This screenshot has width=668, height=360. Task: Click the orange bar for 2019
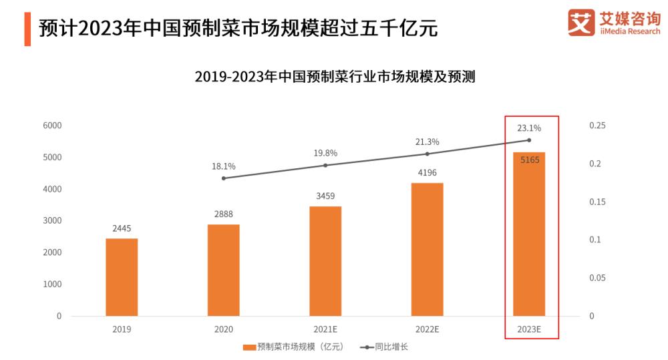[122, 277]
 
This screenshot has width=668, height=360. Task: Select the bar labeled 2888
[223, 270]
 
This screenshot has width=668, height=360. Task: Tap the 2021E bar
[325, 261]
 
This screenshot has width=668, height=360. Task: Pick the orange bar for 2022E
[427, 249]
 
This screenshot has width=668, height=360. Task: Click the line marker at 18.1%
[224, 178]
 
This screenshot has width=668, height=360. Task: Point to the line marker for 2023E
[529, 140]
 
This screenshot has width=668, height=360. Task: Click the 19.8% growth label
[325, 153]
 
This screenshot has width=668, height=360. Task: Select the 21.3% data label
[427, 142]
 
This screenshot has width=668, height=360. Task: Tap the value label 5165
[529, 160]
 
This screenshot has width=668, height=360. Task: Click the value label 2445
[122, 228]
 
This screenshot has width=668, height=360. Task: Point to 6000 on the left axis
[52, 126]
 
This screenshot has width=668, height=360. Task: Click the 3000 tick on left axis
[52, 221]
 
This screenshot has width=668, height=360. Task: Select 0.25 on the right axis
[597, 126]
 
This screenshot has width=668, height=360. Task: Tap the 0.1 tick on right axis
[595, 240]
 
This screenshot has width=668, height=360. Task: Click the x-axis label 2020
[223, 329]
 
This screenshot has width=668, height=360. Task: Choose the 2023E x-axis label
[529, 329]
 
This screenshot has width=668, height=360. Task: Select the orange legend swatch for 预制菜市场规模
[248, 347]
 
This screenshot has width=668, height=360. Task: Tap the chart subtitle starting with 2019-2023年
[334, 76]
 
